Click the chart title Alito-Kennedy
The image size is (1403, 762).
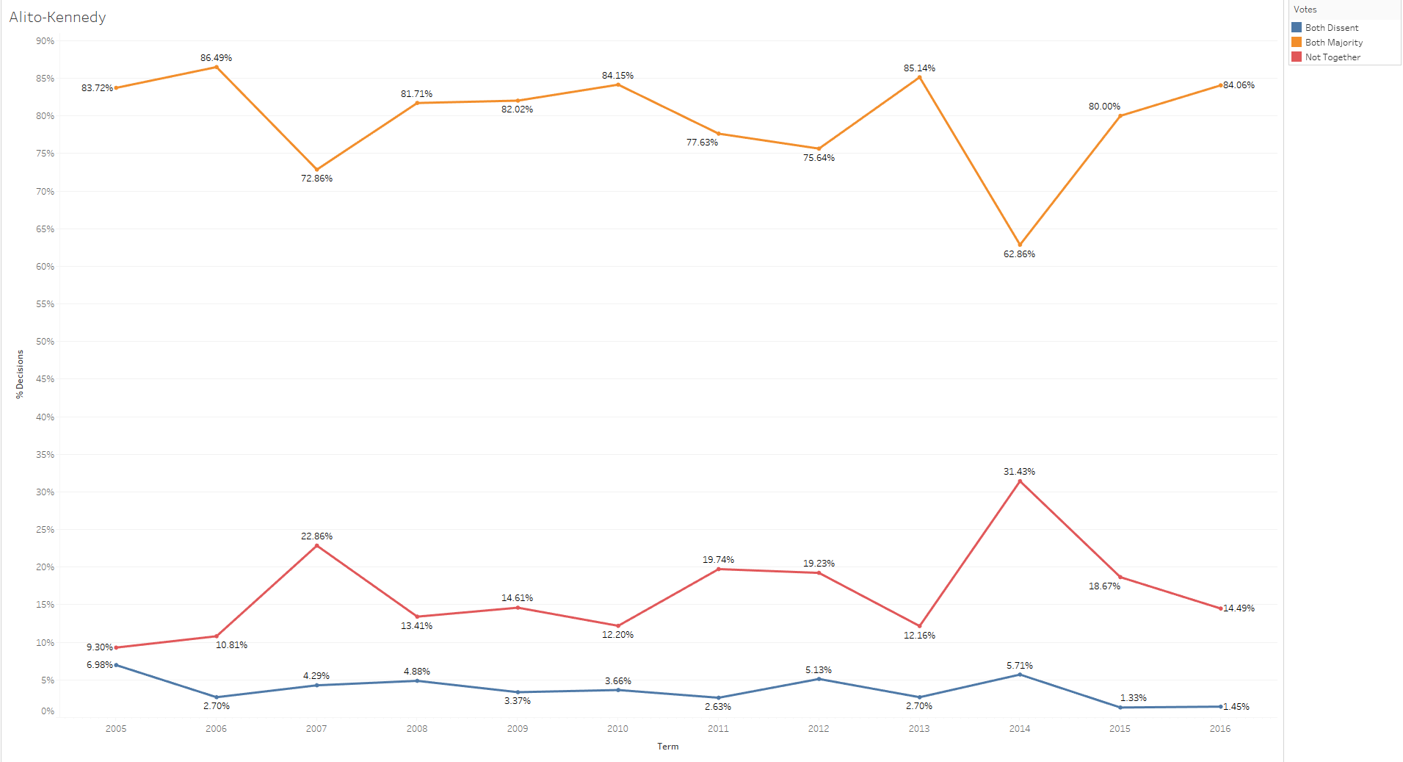tap(57, 17)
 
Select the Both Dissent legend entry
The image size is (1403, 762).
tap(1331, 28)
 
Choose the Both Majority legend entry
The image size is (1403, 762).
tap(1333, 43)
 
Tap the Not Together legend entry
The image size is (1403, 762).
tap(1332, 57)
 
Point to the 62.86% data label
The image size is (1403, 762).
tap(1019, 254)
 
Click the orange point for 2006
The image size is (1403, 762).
tap(216, 68)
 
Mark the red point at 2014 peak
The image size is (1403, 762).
tap(1020, 481)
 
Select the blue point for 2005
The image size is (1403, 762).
tap(116, 665)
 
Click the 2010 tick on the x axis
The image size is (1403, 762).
tap(617, 729)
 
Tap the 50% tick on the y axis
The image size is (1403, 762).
tap(45, 342)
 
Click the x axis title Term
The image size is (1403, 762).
tap(668, 747)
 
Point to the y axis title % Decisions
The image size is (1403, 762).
tap(20, 374)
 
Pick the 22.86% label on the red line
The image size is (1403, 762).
tap(316, 536)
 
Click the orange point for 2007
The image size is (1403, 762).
tap(316, 170)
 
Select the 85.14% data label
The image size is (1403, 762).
tap(919, 68)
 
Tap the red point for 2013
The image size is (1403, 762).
tap(919, 626)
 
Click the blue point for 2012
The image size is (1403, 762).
tap(819, 679)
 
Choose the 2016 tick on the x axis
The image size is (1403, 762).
tap(1220, 729)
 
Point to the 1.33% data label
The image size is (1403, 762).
tap(1133, 698)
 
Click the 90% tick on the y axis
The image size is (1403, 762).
tap(45, 41)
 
